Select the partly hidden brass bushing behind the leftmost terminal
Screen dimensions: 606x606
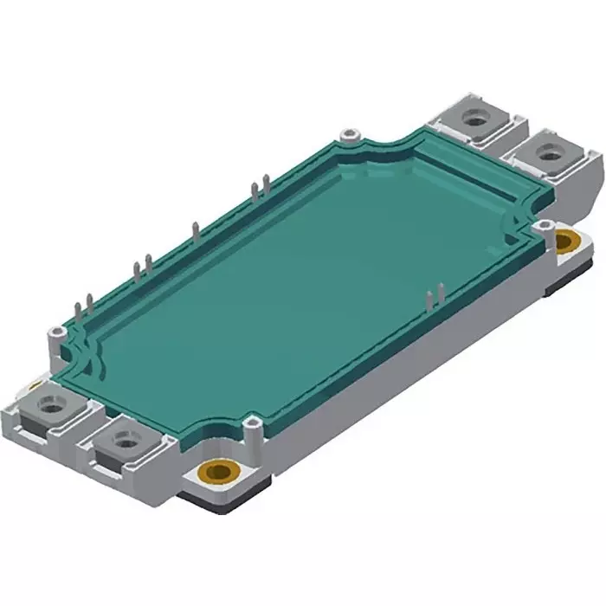[x=35, y=384]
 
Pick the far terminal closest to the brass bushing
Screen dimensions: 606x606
[x=549, y=155]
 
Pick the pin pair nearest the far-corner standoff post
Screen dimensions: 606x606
[x=256, y=190]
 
